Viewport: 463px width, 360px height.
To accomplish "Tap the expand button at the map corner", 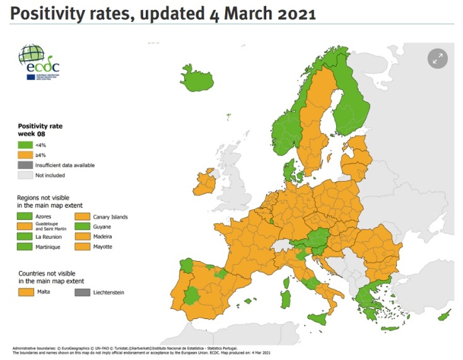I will (437, 59).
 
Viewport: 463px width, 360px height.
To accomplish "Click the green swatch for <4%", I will (25, 146).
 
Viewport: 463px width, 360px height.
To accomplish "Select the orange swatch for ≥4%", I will (25, 155).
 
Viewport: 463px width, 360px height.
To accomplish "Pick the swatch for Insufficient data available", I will (25, 165).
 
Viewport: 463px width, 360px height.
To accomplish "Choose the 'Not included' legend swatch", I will (25, 175).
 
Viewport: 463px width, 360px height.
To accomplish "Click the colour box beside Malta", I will (25, 292).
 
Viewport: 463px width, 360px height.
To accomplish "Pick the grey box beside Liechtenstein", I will (82, 292).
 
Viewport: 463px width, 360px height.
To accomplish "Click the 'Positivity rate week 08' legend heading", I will (40, 130).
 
